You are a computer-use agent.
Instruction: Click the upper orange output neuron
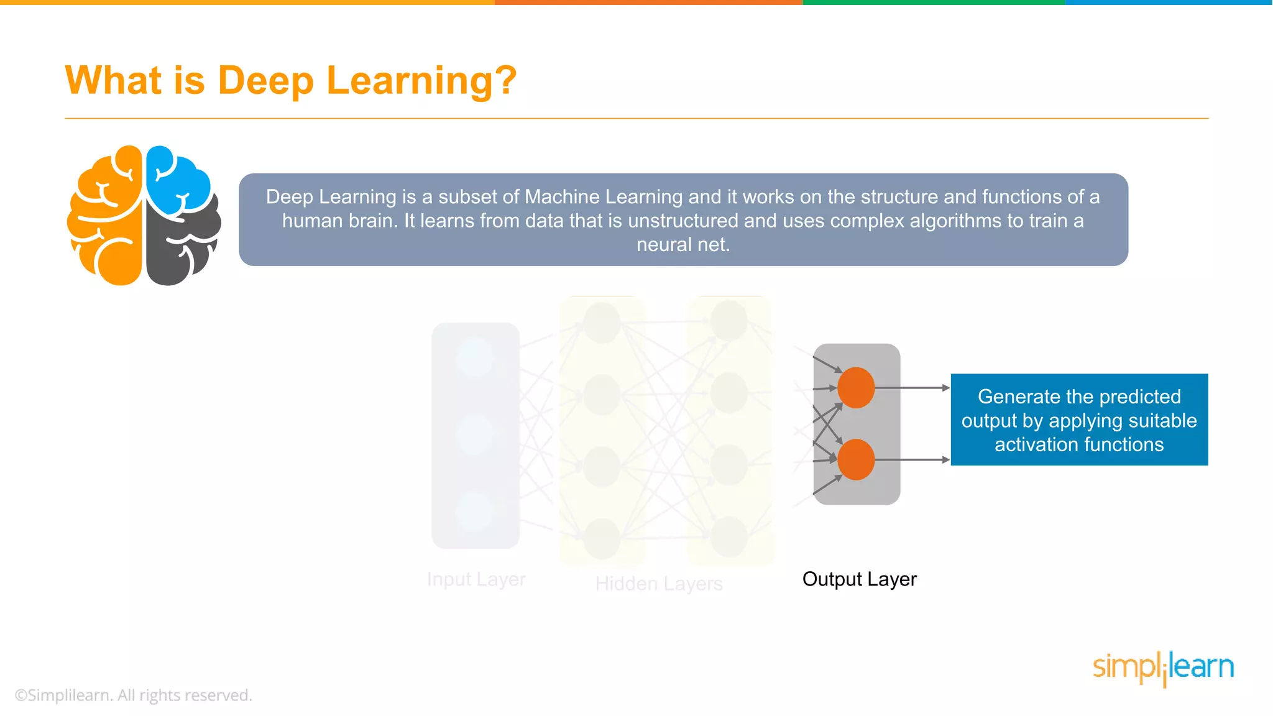856,388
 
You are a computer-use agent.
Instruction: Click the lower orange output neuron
856,460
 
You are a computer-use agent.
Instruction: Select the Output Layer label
859,579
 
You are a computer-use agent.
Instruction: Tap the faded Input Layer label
476,579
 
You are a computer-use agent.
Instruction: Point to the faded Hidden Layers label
659,584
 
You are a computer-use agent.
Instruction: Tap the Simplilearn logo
1163,668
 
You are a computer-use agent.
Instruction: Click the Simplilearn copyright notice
134,695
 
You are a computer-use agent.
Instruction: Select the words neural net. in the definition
682,245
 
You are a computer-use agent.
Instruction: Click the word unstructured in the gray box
682,221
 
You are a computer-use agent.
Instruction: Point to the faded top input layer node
474,357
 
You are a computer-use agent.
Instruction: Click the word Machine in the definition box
562,197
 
